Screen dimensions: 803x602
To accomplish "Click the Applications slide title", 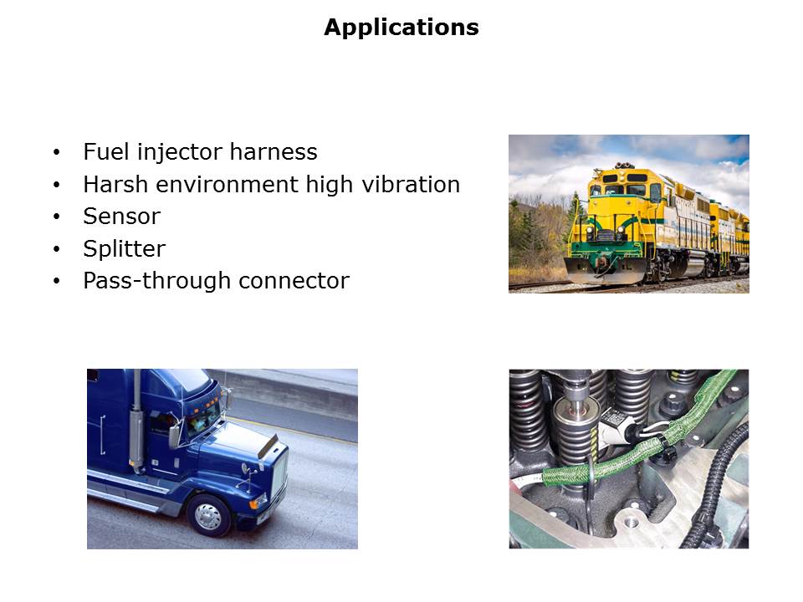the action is (x=401, y=28).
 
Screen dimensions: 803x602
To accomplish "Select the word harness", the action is (x=274, y=151).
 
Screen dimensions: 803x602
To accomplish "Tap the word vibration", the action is (x=411, y=184).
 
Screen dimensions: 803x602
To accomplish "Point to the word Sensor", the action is (x=122, y=217).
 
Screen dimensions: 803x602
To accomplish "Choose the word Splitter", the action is (x=125, y=249).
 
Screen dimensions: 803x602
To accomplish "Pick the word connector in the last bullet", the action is (x=294, y=281).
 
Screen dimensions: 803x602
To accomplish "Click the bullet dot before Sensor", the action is (x=56, y=217).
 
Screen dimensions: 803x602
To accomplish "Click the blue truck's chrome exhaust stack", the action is (x=136, y=421).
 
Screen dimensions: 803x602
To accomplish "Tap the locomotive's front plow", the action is (x=605, y=271).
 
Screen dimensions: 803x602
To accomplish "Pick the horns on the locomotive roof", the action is (x=624, y=166).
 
